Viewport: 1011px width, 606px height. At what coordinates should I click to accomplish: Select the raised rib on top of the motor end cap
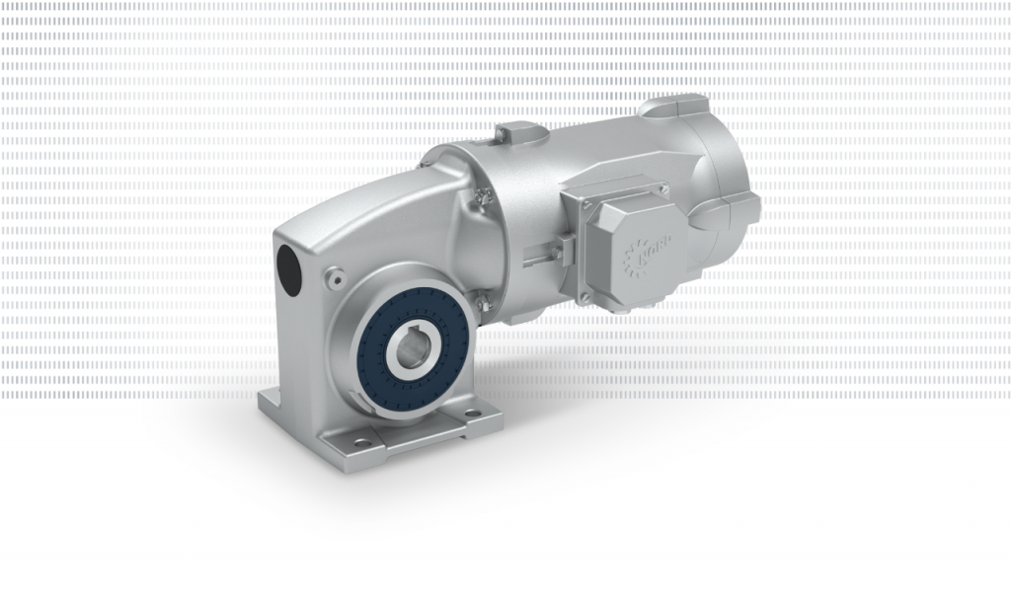point(673,105)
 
